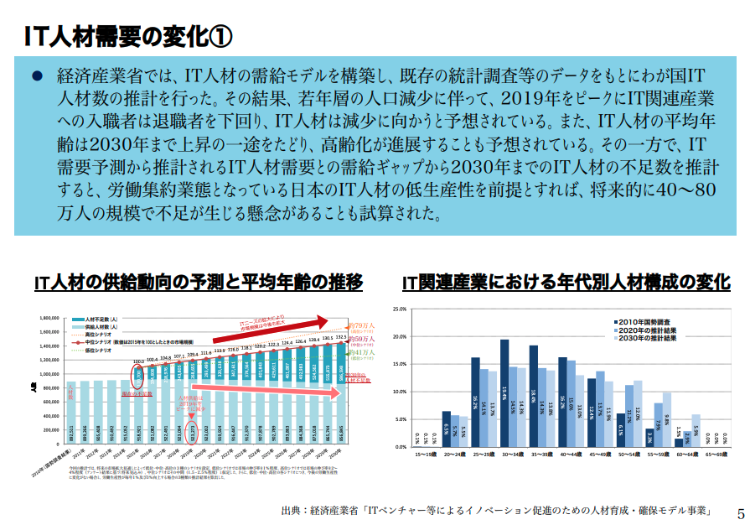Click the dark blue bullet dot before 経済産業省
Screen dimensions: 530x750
pyautogui.click(x=37, y=75)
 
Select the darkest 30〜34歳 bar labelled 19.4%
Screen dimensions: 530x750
pyautogui.click(x=504, y=392)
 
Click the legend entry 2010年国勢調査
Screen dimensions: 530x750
pyautogui.click(x=641, y=320)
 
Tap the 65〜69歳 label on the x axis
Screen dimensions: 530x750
pyautogui.click(x=713, y=454)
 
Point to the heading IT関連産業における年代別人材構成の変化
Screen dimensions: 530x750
pyautogui.click(x=566, y=283)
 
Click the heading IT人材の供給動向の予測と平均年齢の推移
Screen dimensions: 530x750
pyautogui.click(x=199, y=283)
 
